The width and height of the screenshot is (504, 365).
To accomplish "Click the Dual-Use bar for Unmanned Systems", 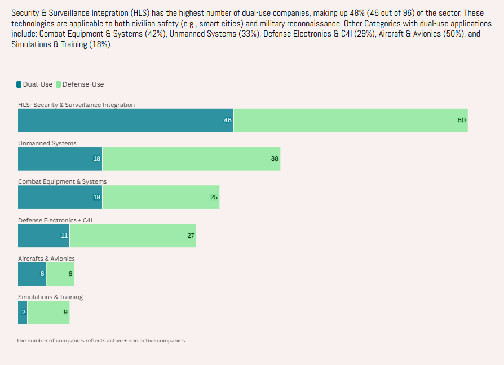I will pyautogui.click(x=60, y=158).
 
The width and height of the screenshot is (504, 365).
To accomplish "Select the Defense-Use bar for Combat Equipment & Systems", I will pyautogui.click(x=161, y=197).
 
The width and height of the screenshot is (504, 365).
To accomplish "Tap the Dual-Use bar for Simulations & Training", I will pyautogui.click(x=23, y=313).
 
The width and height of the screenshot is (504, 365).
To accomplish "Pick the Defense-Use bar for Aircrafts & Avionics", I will pyautogui.click(x=60, y=274).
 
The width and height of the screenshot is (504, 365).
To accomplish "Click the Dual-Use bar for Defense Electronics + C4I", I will pyautogui.click(x=43, y=235).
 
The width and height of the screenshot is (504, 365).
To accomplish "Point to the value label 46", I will pyautogui.click(x=228, y=120).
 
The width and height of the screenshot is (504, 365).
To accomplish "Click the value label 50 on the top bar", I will pyautogui.click(x=462, y=120).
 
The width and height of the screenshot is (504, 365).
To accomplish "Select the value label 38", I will pyautogui.click(x=275, y=158).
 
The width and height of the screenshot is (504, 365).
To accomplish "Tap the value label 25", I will pyautogui.click(x=214, y=197).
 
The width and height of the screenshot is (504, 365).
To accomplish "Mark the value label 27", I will pyautogui.click(x=191, y=235).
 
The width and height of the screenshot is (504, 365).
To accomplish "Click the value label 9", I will pyautogui.click(x=65, y=313).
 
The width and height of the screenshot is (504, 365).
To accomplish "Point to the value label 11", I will pyautogui.click(x=64, y=235).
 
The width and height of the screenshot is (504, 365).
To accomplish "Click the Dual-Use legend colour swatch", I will pyautogui.click(x=19, y=84).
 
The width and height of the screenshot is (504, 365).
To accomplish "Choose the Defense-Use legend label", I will pyautogui.click(x=83, y=84).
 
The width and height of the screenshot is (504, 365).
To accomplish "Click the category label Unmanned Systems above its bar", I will pyautogui.click(x=47, y=143).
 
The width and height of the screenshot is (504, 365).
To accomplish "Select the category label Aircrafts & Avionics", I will pyautogui.click(x=46, y=259).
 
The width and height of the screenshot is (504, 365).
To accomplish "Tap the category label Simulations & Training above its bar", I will pyautogui.click(x=50, y=297).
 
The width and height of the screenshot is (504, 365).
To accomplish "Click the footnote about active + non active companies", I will pyautogui.click(x=100, y=340).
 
